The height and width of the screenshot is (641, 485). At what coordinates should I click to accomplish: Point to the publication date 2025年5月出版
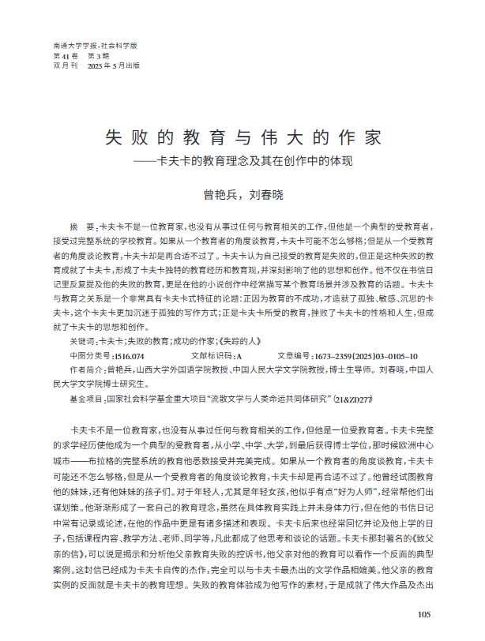tap(114, 66)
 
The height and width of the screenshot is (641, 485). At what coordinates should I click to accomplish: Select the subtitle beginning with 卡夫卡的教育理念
tap(253, 160)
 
